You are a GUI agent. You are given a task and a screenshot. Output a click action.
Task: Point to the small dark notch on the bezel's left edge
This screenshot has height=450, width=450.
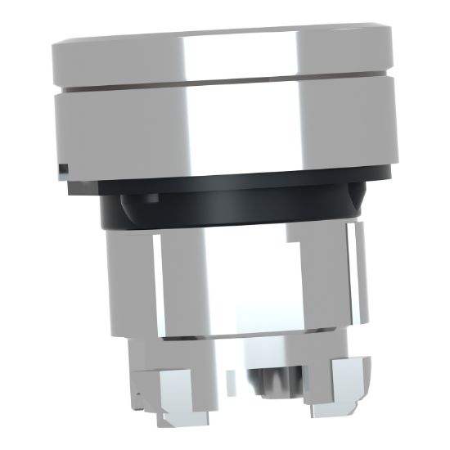(63, 169)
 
